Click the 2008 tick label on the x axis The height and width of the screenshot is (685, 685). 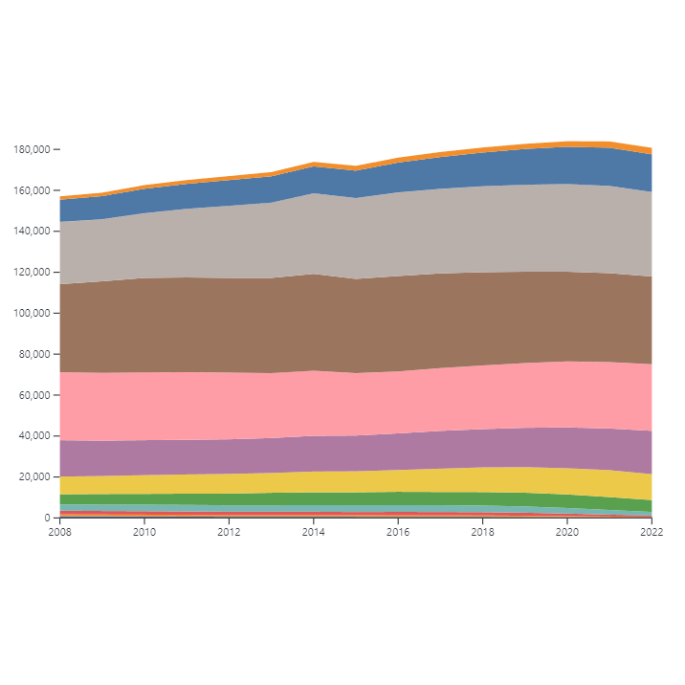(x=59, y=532)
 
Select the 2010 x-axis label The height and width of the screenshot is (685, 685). (x=144, y=532)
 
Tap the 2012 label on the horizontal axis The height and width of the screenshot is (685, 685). (x=229, y=532)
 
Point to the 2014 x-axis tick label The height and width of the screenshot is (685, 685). (x=313, y=532)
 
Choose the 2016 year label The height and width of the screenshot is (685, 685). (x=398, y=532)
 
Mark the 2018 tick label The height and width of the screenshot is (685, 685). (x=482, y=532)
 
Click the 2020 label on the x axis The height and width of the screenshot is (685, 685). (x=567, y=532)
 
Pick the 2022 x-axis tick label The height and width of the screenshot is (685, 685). (x=652, y=532)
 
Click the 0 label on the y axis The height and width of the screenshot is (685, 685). (x=46, y=518)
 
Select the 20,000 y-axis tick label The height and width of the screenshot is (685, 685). (x=33, y=476)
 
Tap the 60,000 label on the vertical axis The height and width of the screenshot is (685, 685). (x=33, y=395)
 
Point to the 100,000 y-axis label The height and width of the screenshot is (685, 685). (x=31, y=314)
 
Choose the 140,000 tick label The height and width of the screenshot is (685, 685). (x=31, y=232)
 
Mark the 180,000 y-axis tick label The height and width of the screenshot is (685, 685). (x=31, y=150)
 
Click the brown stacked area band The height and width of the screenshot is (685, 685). (x=354, y=325)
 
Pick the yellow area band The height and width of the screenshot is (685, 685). (x=354, y=481)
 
